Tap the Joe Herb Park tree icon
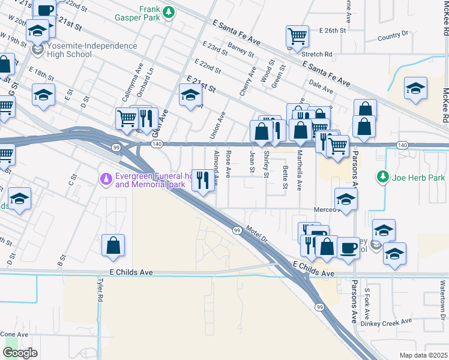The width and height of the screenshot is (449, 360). point(382,177)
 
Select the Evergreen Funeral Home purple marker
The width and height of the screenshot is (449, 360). point(106,178)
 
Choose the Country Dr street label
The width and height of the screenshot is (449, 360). point(393,37)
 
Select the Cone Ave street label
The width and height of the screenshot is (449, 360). point(14,334)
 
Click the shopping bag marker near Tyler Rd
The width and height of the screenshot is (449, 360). point(113,245)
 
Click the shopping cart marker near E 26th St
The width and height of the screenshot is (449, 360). point(297,37)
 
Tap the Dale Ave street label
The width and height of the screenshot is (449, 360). point(321,87)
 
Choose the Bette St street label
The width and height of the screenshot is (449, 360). point(285,176)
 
